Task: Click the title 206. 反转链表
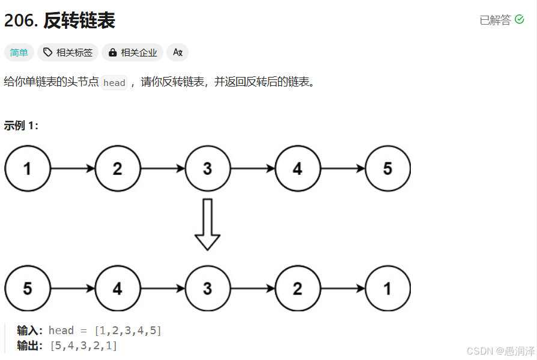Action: [x=59, y=21]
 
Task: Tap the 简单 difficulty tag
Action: [x=19, y=53]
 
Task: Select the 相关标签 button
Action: [x=68, y=53]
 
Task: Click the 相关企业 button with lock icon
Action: [x=132, y=53]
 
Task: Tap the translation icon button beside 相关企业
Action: [x=177, y=53]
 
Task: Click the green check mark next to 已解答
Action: [x=520, y=20]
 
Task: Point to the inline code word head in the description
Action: [x=114, y=83]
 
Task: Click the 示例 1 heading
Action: [x=22, y=126]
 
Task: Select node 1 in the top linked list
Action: [x=28, y=169]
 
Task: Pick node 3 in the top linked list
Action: [x=207, y=169]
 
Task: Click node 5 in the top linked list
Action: [x=387, y=169]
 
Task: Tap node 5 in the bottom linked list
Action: [x=28, y=288]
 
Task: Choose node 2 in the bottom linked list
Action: [x=297, y=288]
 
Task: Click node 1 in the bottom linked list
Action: [x=387, y=288]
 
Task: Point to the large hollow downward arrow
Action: [x=207, y=224]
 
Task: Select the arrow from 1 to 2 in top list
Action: [x=73, y=169]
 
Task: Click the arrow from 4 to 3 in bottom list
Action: [x=162, y=288]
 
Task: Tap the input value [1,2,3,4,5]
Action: [x=128, y=331]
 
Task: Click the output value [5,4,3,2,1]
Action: [x=84, y=346]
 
